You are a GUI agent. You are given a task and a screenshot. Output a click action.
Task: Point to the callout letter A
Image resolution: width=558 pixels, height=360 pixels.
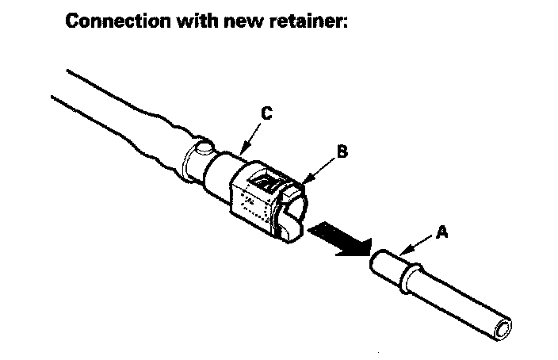click(x=441, y=232)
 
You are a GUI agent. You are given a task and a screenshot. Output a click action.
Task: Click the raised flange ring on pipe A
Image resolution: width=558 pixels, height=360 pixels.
click(x=410, y=277)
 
